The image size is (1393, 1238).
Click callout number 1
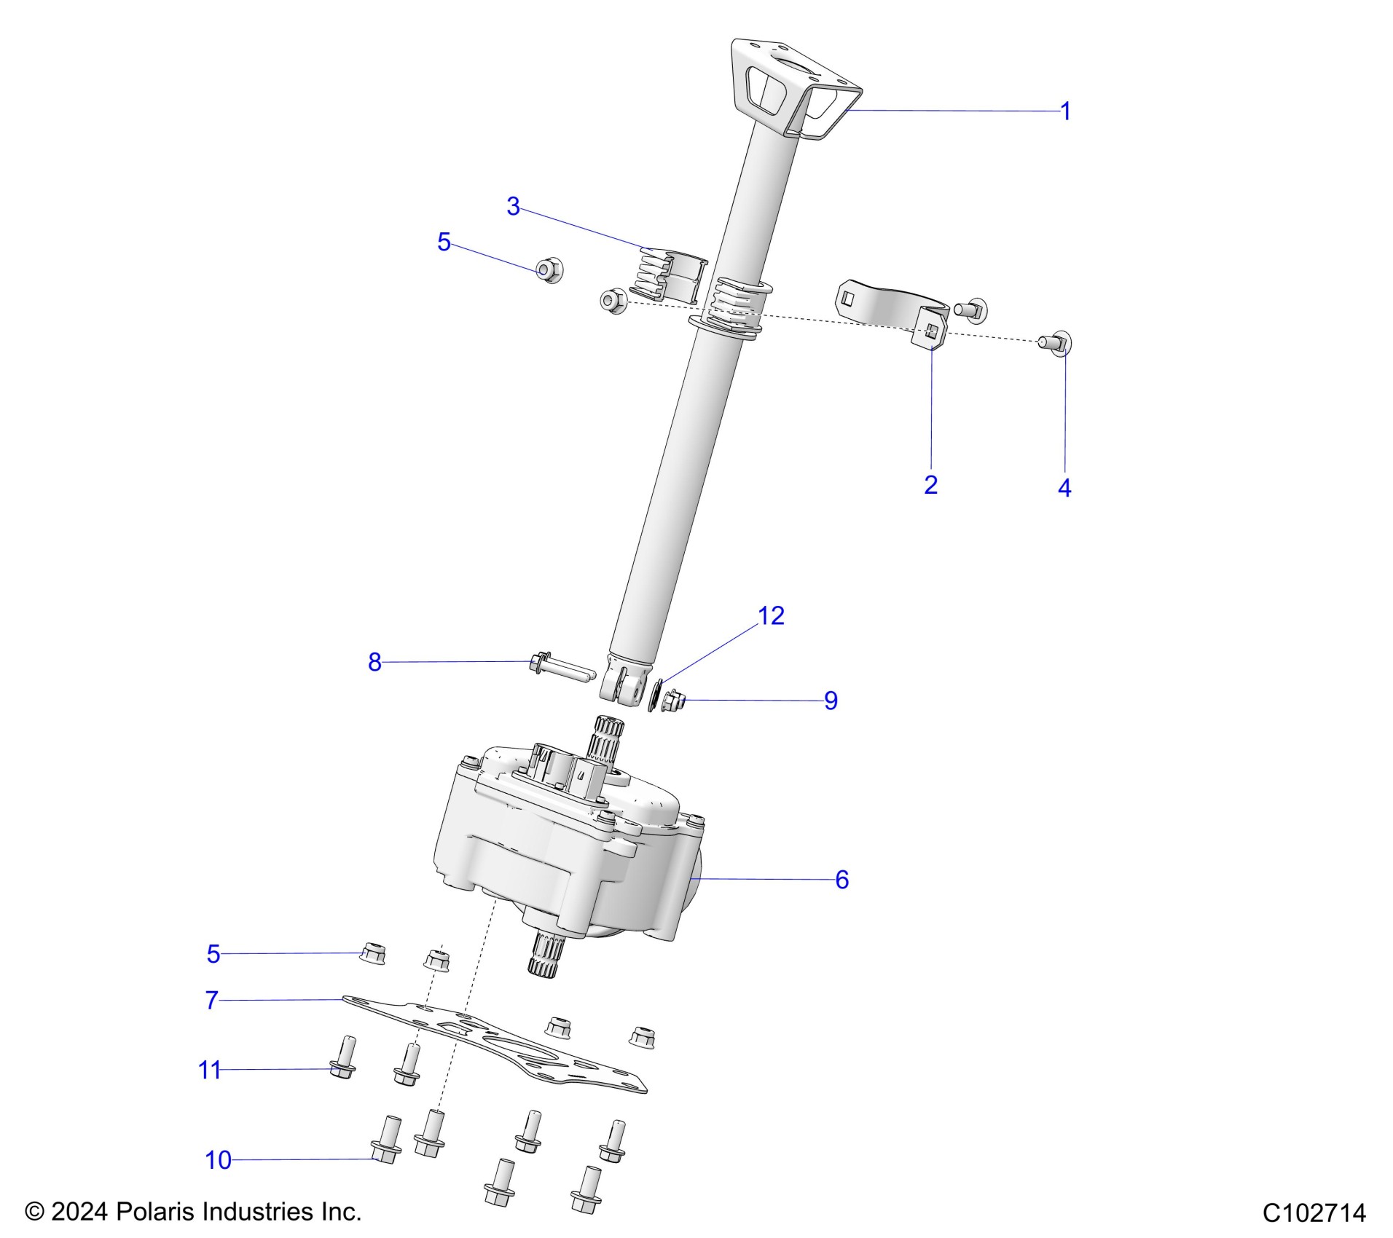[1065, 112]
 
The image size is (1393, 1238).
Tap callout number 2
[930, 484]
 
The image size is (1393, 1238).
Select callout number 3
[513, 207]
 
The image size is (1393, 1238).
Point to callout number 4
[1064, 488]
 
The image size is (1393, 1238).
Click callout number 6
[841, 880]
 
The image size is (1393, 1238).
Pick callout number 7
[211, 1001]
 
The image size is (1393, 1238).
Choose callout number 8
[374, 662]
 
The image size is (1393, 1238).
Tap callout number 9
[831, 701]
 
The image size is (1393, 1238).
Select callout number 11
[209, 1070]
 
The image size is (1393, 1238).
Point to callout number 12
[771, 616]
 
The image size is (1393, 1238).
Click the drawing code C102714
[1314, 1213]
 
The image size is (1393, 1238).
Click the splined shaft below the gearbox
[546, 953]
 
